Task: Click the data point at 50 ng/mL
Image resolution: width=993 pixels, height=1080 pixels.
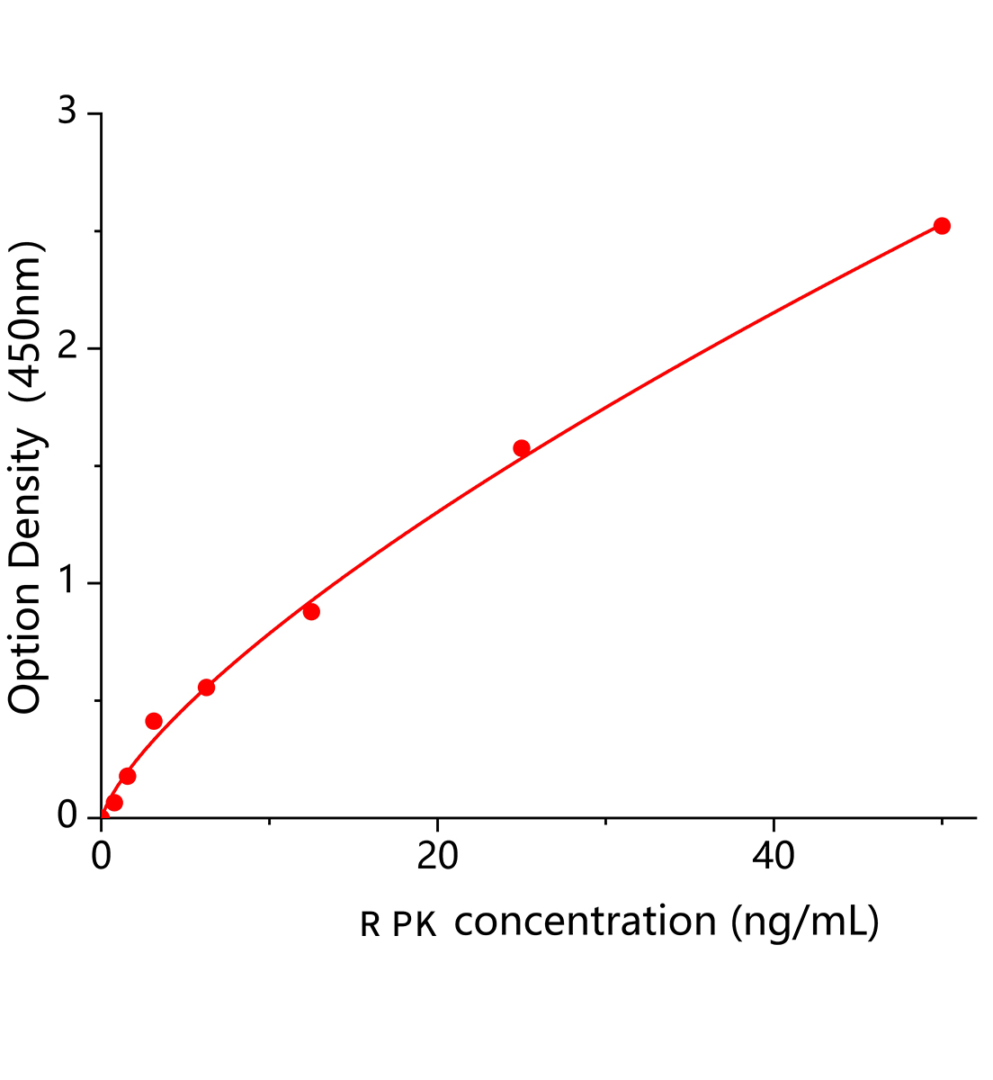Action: coord(942,226)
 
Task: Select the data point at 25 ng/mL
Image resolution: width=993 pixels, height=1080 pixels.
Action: coord(522,448)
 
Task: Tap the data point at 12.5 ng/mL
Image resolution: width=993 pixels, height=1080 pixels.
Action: coord(311,612)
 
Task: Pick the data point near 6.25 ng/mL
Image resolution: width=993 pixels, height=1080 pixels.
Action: coord(206,688)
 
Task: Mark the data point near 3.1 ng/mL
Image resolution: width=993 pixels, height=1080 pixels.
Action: coord(154,721)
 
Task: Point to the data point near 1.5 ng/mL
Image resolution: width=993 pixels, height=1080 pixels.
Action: coord(128,776)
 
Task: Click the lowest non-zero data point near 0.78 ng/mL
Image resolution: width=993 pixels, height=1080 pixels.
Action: coord(114,803)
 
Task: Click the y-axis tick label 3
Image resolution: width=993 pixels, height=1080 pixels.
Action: coord(67,113)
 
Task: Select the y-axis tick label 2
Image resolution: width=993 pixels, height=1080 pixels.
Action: coord(67,348)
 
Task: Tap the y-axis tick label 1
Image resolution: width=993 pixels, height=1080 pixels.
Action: coord(67,583)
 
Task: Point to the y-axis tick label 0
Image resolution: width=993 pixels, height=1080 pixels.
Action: coord(67,815)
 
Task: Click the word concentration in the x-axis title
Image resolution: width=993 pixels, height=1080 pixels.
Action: coord(585,922)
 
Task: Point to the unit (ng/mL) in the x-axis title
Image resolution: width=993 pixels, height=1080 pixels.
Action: coord(804,922)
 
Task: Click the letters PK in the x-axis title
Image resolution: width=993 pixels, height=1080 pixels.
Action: coord(415,925)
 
